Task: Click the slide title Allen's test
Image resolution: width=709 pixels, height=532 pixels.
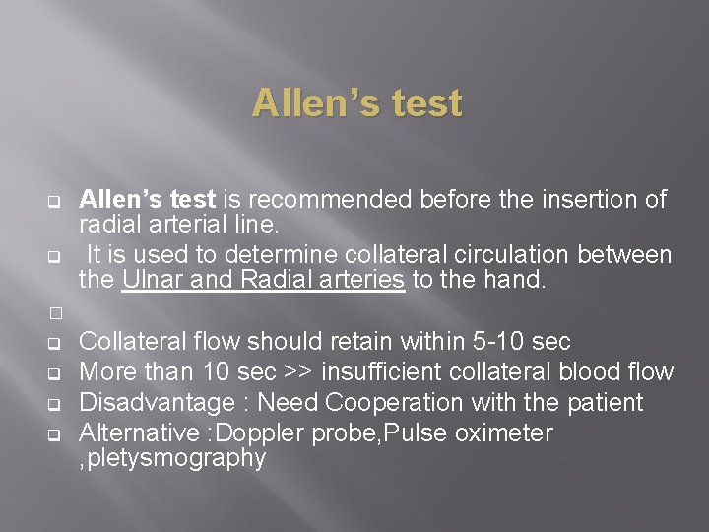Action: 356,102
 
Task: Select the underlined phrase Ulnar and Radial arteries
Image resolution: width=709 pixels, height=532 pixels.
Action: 263,280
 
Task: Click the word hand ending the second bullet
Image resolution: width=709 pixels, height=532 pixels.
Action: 512,280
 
